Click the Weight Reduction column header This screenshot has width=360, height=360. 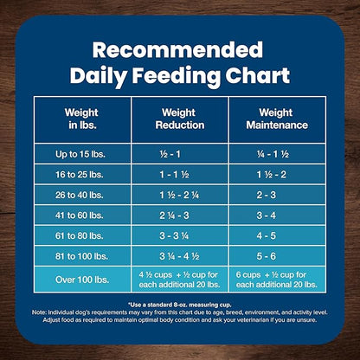coord(180,118)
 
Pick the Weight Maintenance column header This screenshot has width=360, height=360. coord(277,118)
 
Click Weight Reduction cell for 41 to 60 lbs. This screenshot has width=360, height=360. coord(180,215)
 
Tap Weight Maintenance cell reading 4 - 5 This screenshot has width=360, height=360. coord(277,235)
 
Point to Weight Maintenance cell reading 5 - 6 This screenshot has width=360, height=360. coord(277,256)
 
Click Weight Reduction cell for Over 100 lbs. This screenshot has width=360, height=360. coord(180,279)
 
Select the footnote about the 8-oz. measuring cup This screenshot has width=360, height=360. coord(180,305)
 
